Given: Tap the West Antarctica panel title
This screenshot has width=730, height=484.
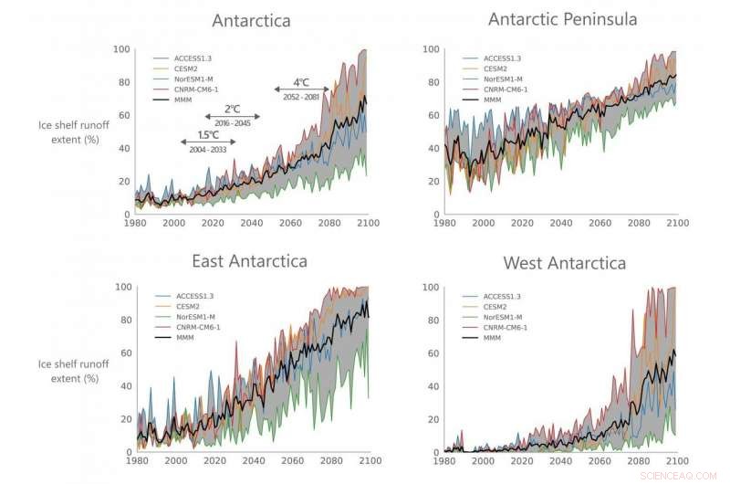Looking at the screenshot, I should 564,263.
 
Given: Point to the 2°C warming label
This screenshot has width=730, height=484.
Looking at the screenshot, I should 232,109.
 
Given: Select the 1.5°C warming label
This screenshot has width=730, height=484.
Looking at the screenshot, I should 208,135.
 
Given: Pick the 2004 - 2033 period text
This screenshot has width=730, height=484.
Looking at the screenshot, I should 208,149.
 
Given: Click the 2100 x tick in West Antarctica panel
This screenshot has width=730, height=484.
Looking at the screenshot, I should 675,461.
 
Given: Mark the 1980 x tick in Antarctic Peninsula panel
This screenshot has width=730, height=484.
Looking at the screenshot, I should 444,224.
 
